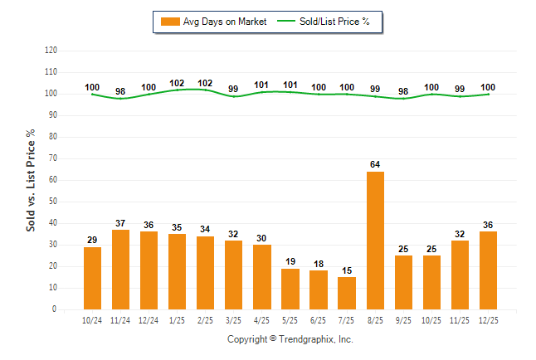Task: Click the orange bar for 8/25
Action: (375, 241)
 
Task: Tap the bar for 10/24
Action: (92, 278)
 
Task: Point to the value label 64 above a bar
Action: (375, 164)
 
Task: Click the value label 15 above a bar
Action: (347, 270)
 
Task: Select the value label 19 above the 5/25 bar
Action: (290, 261)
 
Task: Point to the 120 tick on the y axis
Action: (51, 51)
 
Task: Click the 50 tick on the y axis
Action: (53, 202)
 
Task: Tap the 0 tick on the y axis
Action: (55, 309)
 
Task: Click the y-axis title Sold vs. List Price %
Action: (31, 179)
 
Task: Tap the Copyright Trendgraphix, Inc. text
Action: (290, 339)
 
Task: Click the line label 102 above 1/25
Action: (177, 83)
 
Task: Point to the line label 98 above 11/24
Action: (120, 91)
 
